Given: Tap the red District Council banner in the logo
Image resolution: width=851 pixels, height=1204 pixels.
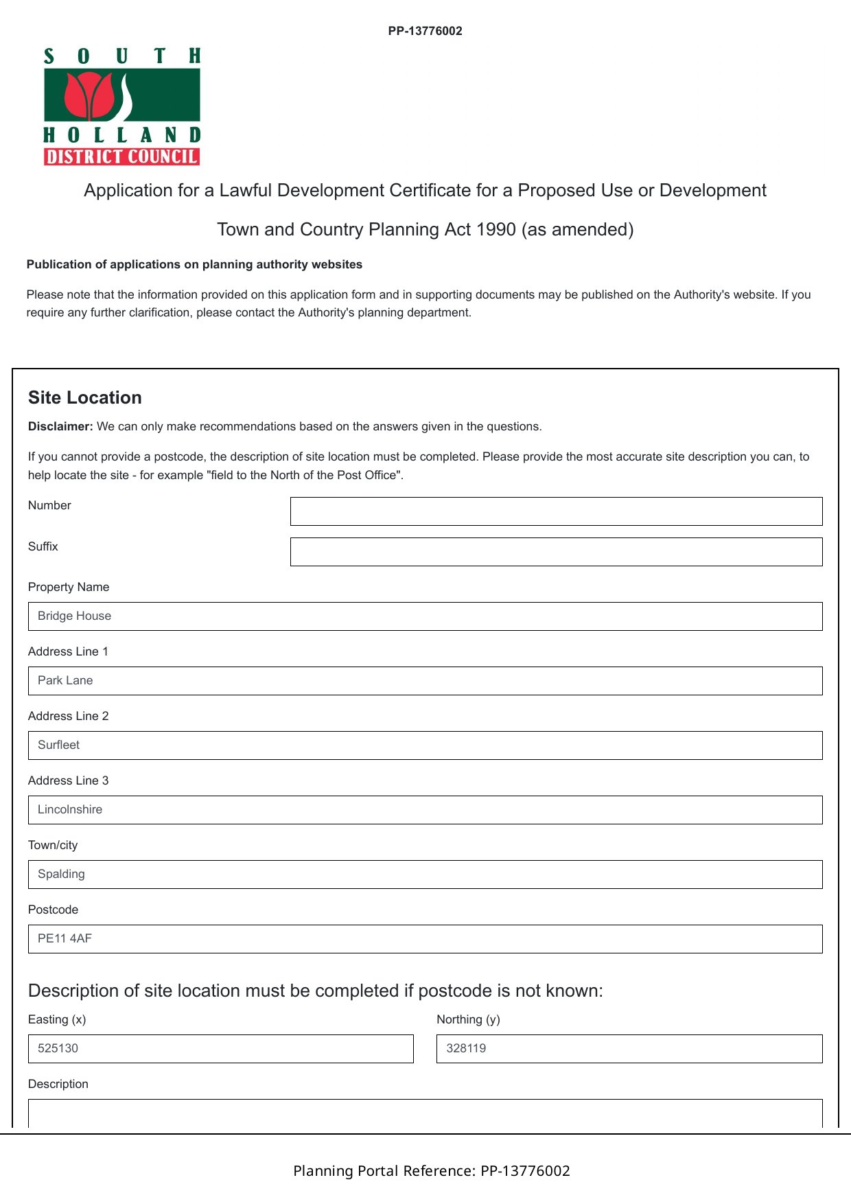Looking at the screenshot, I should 121,157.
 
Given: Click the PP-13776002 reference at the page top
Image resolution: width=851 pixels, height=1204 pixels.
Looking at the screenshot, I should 425,31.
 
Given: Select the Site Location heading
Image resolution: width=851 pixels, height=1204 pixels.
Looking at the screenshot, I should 85,397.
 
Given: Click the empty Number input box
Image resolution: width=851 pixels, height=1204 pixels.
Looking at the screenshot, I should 556,511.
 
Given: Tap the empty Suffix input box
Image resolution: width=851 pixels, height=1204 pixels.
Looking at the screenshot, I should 556,552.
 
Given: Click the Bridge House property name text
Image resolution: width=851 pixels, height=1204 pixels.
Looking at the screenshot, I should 74,616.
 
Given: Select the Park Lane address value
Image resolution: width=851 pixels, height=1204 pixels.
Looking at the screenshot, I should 65,680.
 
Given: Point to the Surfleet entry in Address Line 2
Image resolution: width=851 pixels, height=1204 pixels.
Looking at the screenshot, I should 58,745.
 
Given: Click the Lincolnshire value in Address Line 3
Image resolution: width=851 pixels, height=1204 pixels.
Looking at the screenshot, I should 70,809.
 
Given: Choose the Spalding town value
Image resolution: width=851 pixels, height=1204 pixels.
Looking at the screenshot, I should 61,874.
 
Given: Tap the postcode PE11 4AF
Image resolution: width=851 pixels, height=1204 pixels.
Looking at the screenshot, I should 65,938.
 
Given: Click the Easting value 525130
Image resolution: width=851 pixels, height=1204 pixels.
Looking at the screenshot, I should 58,1048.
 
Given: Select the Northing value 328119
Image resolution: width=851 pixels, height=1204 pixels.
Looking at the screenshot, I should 466,1048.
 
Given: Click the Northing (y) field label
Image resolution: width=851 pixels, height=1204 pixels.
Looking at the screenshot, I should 468,1019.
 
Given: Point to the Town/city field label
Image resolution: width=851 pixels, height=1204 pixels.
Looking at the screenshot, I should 53,845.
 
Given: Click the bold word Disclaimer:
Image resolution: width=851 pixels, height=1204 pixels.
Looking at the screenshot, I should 60,426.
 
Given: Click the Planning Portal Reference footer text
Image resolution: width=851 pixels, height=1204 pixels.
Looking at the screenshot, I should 432,1170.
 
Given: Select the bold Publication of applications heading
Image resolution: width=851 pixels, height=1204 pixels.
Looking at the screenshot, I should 194,264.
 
